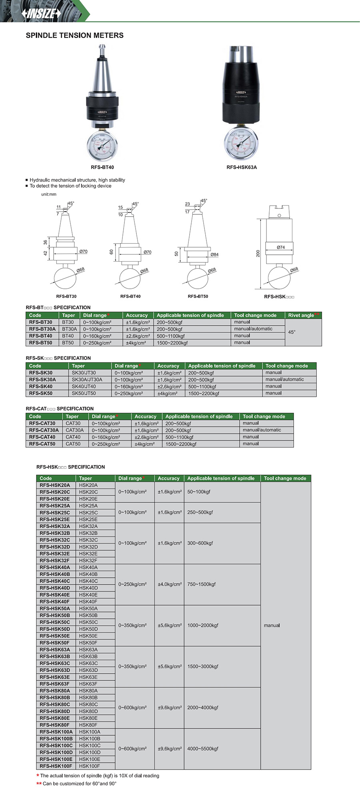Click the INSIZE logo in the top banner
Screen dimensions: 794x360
pos(41,14)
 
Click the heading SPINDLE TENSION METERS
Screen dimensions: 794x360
pos(74,36)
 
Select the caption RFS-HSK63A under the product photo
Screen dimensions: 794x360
pos(242,167)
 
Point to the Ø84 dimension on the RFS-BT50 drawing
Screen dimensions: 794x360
pos(214,254)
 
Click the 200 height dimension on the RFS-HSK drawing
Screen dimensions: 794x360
pos(258,253)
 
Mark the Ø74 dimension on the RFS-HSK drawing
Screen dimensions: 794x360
pos(281,247)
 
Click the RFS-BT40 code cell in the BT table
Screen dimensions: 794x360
pos(40,336)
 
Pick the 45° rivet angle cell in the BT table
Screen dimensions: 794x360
pos(292,332)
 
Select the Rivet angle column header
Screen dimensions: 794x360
pos(302,315)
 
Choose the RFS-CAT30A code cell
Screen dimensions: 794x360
pos(44,430)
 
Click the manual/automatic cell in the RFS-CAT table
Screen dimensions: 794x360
pos(262,430)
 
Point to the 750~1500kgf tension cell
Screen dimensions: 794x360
pos(201,584)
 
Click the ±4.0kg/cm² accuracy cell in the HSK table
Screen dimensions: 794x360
pos(170,584)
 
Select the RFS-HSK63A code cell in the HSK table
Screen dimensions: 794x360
pos(55,650)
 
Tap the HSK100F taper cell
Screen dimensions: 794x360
pos(89,766)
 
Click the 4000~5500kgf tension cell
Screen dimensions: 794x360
pos(203,749)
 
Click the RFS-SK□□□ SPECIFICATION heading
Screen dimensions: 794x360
pos(58,358)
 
